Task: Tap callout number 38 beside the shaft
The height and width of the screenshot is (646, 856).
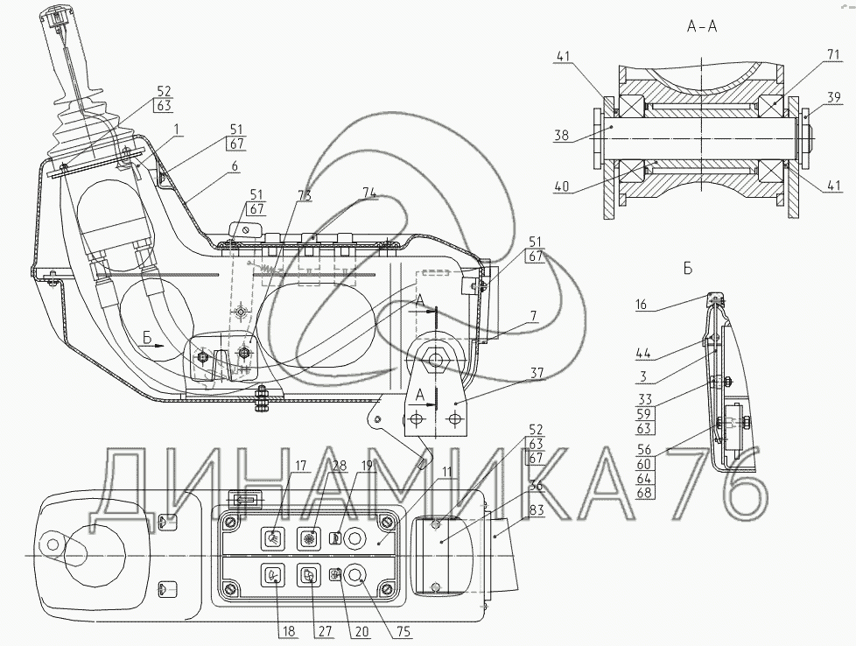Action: point(562,136)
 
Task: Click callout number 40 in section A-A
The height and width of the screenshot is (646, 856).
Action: point(562,185)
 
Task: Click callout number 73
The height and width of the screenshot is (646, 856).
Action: point(303,195)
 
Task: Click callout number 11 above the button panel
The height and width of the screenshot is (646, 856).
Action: point(446,473)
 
